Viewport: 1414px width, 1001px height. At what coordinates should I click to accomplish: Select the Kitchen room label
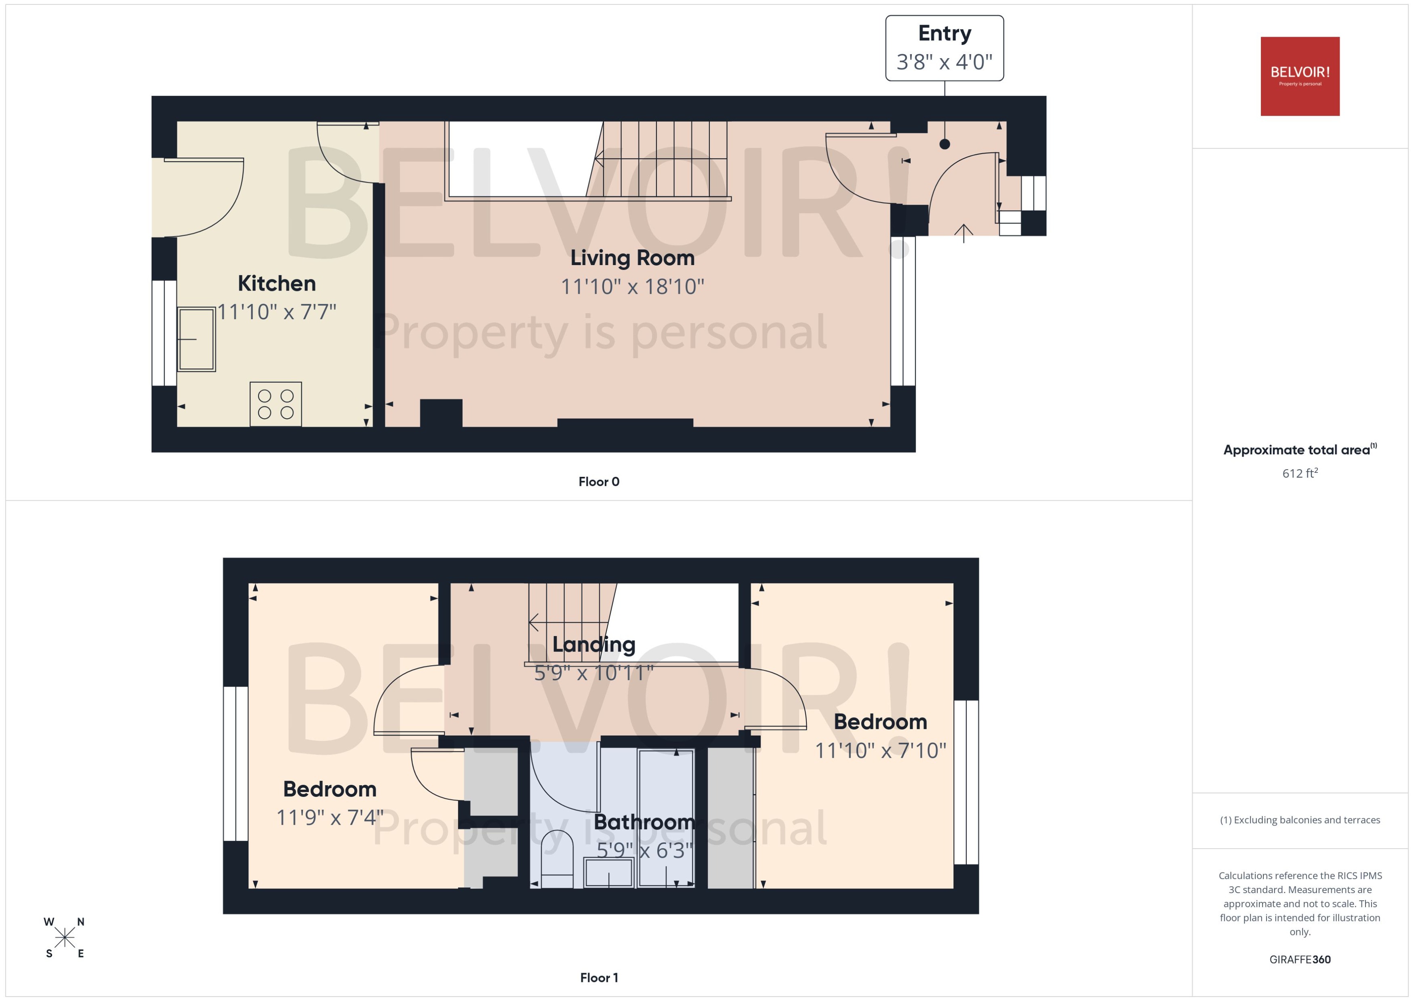(277, 284)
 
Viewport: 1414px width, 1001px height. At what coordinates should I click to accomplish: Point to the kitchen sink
(196, 339)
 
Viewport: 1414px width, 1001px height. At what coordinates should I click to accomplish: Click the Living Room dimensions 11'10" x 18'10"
(632, 287)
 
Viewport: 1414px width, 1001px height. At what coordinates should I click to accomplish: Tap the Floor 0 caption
(598, 481)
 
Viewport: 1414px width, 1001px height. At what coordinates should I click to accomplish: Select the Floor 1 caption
(598, 978)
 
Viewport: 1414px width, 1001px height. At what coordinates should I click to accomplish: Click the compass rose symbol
(64, 938)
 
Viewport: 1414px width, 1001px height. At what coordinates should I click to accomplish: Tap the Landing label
(593, 645)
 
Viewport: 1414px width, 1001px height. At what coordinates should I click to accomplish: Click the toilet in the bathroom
(557, 860)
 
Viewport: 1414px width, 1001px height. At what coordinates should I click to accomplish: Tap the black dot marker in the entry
(945, 144)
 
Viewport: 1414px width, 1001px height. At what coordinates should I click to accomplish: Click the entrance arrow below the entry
(964, 233)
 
